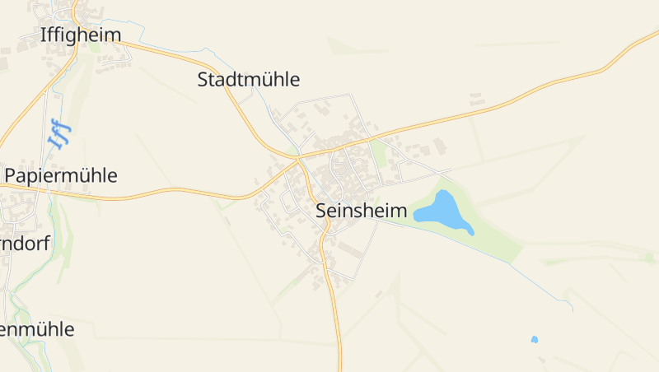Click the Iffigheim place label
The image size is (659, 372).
81,35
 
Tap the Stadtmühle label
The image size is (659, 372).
248,80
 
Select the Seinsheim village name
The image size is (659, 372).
362,211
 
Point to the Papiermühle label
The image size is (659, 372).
61,175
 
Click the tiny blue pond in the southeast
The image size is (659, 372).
535,339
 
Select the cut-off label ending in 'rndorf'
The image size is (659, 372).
25,243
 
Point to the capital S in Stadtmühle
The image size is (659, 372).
203,80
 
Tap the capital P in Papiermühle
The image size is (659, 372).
10,175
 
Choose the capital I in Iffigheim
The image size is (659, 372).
43,35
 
